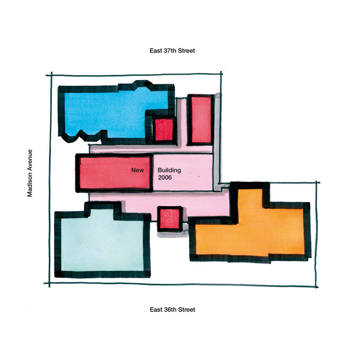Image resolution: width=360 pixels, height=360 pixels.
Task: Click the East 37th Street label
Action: pos(172,50)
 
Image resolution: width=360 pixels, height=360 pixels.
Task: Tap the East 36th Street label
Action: pos(172,310)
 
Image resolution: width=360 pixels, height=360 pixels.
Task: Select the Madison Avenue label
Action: pos(30,173)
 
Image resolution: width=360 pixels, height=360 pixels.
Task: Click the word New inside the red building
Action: pos(137,170)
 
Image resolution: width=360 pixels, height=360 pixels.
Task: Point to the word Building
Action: pos(169,170)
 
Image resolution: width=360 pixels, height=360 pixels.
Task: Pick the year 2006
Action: pos(165,177)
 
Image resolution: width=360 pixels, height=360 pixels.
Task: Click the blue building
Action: pos(110,110)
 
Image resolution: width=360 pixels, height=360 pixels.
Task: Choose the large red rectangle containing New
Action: pos(114,173)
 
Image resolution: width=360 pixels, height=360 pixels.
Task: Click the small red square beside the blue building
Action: pos(164,130)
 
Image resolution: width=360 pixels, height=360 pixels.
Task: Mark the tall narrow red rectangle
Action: pos(201,120)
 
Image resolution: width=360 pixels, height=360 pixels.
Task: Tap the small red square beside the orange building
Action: pos(170,219)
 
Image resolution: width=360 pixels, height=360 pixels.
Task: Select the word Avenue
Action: pos(30,160)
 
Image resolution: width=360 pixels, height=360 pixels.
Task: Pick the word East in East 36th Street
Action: pos(156,310)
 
